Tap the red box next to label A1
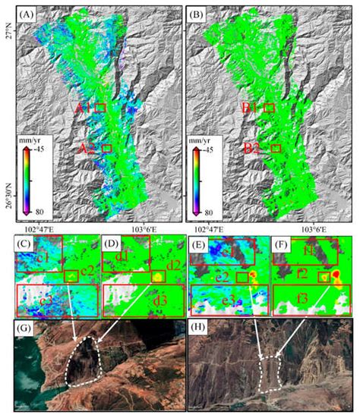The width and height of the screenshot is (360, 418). (x=100, y=108)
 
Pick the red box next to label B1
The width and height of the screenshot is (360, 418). (x=268, y=108)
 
